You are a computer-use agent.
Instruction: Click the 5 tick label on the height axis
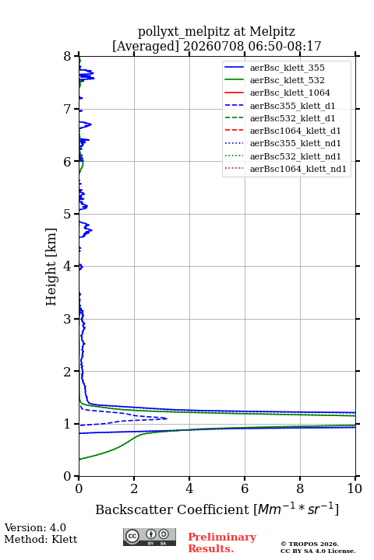point(68,214)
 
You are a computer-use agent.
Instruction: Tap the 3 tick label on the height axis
point(68,319)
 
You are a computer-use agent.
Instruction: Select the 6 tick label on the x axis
point(245,488)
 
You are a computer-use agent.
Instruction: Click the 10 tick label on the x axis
point(355,488)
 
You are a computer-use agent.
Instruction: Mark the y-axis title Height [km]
point(51,267)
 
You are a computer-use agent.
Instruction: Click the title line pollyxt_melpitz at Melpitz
point(217,31)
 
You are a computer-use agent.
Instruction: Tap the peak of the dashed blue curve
point(167,418)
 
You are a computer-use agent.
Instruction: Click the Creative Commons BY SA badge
point(150,537)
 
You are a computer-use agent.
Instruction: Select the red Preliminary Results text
point(222,543)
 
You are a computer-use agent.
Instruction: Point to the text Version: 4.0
point(35,527)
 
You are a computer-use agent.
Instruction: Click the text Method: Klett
point(41,539)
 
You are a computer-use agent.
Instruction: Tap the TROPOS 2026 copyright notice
point(310,544)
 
